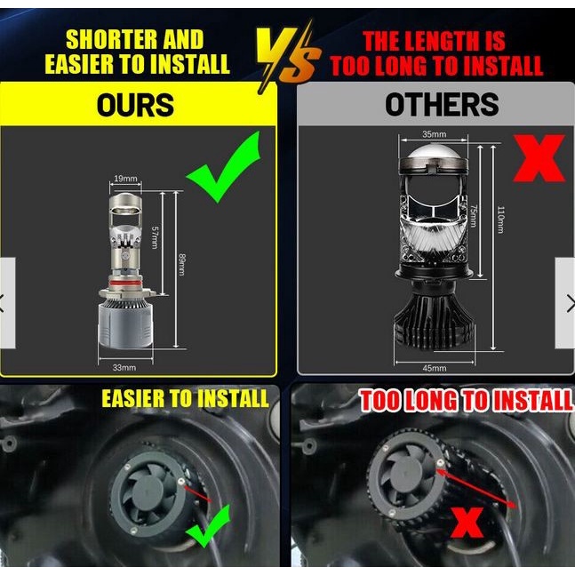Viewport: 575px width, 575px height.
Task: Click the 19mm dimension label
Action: pos(125,179)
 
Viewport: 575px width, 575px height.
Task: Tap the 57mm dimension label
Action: pos(156,237)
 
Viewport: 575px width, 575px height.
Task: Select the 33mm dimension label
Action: pos(124,367)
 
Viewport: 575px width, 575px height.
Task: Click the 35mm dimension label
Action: pos(435,134)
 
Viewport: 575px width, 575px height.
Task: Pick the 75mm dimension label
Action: pos(474,216)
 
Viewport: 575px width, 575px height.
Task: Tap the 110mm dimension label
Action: pos(501,220)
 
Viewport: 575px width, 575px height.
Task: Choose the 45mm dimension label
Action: pos(435,368)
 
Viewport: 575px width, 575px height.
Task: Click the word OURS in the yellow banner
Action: pos(135,105)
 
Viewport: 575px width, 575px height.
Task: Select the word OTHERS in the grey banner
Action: pos(442,104)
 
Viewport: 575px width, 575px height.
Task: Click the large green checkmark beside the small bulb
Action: pos(225,167)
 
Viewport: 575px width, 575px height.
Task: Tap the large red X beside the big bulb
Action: pos(539,158)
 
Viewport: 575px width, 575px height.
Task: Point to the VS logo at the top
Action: pos(288,55)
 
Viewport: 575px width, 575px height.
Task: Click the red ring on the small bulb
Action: pos(125,284)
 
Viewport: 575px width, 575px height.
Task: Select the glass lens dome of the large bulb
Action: pos(434,153)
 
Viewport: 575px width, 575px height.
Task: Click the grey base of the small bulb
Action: pos(125,325)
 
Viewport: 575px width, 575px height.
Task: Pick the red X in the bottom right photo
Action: pos(467,523)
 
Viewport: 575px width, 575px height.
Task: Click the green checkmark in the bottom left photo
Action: pos(208,527)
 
